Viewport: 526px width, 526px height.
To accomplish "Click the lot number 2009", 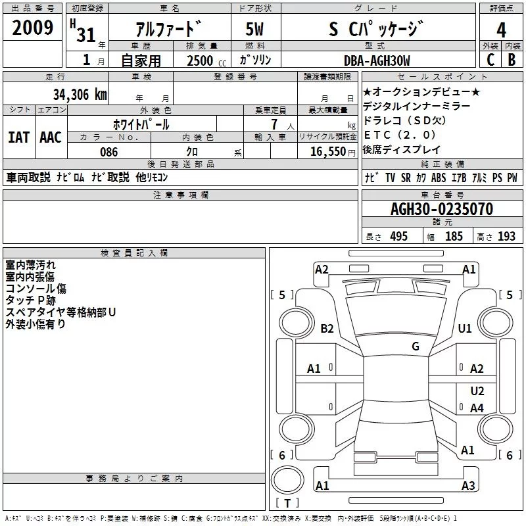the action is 32,28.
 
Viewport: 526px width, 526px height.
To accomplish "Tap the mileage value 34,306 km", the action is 79,94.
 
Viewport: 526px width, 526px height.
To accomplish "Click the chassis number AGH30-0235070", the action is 441,209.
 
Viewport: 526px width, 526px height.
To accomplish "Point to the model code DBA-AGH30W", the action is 377,60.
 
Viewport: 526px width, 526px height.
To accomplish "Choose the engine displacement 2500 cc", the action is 202,61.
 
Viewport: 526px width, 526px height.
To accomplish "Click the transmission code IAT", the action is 18,137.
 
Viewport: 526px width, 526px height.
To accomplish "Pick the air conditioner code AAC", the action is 51,137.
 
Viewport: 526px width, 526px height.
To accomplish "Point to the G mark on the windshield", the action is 415,347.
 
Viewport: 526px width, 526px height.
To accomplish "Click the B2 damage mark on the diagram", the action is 327,328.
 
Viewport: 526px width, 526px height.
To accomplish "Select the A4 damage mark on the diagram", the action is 477,408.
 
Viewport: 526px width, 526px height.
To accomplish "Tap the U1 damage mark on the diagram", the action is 465,328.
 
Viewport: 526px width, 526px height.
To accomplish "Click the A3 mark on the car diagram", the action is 467,486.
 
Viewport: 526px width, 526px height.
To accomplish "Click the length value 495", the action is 398,237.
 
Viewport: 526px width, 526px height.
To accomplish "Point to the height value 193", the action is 506,237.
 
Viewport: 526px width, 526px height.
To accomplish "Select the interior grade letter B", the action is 512,59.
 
